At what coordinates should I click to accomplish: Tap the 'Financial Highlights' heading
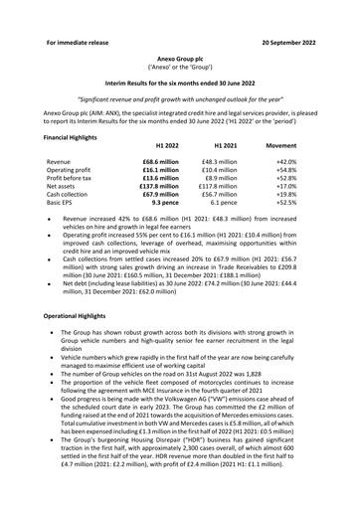click(x=78, y=135)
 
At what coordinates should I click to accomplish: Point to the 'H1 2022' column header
click(x=160, y=145)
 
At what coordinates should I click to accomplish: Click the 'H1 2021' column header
click(x=219, y=145)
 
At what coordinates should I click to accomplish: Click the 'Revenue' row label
click(x=59, y=161)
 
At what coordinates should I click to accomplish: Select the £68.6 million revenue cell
click(x=161, y=161)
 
